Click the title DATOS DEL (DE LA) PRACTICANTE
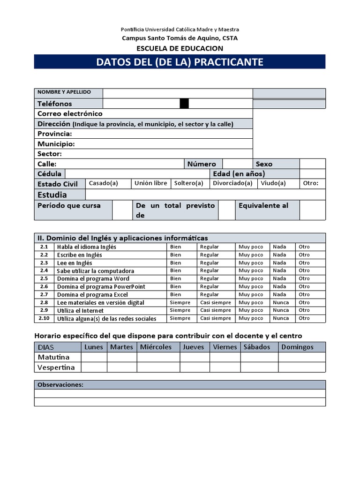click(x=180, y=62)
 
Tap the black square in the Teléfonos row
click(x=184, y=104)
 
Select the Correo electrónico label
click(x=70, y=113)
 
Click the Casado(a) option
click(x=103, y=183)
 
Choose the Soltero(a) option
click(x=188, y=183)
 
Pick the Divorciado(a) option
click(x=232, y=183)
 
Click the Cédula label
click(x=49, y=174)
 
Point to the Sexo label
click(x=264, y=164)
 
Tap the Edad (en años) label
click(x=239, y=174)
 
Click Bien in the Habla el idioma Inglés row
click(x=175, y=247)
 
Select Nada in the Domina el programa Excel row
click(x=279, y=294)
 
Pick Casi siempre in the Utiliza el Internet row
click(x=215, y=310)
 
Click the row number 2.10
click(x=44, y=318)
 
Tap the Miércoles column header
click(x=156, y=347)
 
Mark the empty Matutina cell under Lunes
click(x=94, y=357)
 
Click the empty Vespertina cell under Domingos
click(x=301, y=367)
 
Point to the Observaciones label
click(x=60, y=385)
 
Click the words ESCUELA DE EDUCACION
click(x=180, y=48)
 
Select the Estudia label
click(x=52, y=195)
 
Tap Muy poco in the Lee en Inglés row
click(x=251, y=263)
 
